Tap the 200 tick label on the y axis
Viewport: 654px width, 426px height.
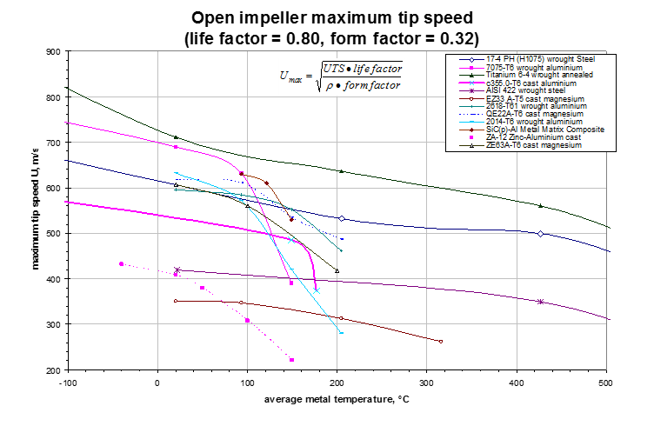pyautogui.click(x=52, y=370)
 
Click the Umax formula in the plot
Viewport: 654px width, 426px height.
pyautogui.click(x=342, y=78)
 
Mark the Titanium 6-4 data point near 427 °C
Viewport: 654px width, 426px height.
pyautogui.click(x=541, y=206)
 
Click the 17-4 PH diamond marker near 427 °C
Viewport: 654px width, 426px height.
pyautogui.click(x=541, y=234)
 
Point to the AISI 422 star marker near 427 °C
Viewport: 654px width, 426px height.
pyautogui.click(x=541, y=302)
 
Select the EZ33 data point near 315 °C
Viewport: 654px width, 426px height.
pyautogui.click(x=441, y=342)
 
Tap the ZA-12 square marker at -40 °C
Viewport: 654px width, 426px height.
pyautogui.click(x=121, y=264)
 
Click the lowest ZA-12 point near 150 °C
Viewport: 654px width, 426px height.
pyautogui.click(x=291, y=360)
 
